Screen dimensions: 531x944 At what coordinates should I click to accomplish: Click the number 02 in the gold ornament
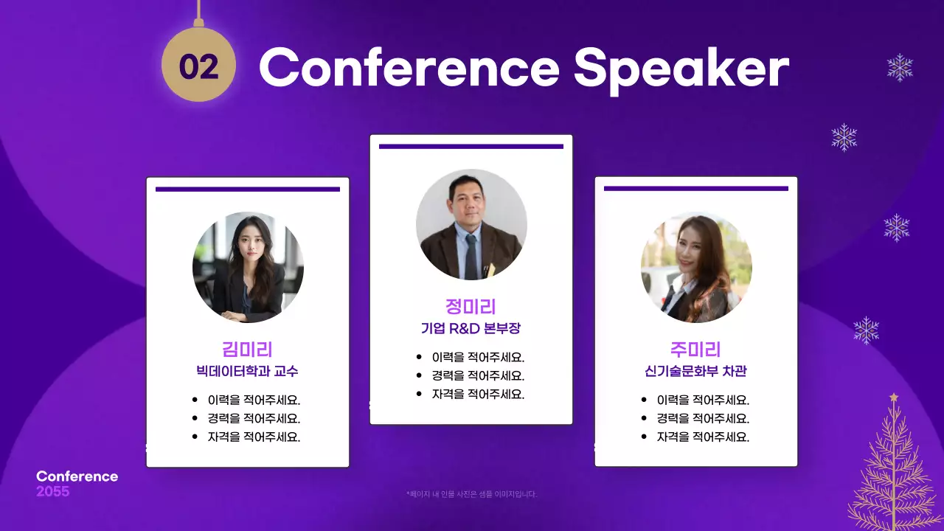(198, 67)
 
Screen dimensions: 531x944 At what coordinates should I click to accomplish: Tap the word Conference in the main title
(409, 68)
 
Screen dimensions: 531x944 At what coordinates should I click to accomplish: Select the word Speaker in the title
(681, 69)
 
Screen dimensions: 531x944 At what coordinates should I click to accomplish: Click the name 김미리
(247, 350)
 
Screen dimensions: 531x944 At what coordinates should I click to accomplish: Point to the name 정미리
(471, 307)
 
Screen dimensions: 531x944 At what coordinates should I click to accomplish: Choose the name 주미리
(695, 350)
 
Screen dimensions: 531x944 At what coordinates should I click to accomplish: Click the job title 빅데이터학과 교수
(247, 371)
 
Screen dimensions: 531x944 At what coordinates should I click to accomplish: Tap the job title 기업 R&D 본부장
(471, 328)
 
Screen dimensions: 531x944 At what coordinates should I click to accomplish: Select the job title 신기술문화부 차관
(695, 371)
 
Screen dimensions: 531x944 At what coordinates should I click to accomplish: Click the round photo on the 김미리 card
(248, 267)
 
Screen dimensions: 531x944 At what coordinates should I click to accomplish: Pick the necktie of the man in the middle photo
(471, 255)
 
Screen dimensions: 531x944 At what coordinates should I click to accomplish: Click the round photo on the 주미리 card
(696, 267)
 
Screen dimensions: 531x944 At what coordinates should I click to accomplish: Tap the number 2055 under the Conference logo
(53, 491)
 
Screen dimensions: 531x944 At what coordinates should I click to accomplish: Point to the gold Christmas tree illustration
(893, 472)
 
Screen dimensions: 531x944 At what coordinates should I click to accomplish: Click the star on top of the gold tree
(894, 398)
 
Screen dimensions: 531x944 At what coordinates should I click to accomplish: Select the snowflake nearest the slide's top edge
(900, 67)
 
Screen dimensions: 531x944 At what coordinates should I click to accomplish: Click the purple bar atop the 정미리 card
(471, 146)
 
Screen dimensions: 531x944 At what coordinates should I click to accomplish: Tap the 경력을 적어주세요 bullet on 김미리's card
(254, 418)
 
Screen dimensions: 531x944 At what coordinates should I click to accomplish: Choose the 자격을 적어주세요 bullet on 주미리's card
(703, 437)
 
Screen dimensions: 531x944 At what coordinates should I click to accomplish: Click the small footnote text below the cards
(471, 494)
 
